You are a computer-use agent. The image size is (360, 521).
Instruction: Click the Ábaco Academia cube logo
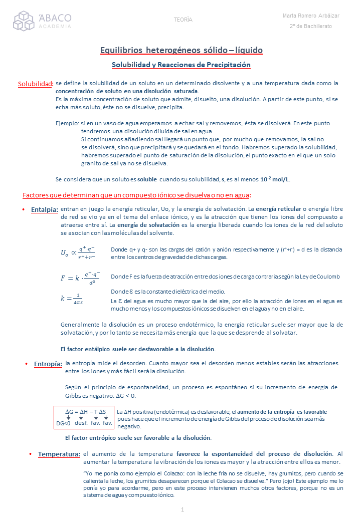tap(24, 21)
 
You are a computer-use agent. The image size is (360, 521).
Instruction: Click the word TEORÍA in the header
tap(183, 20)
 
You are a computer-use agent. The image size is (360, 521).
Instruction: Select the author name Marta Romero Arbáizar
tap(311, 16)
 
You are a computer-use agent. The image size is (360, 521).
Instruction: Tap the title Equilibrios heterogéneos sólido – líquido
tap(182, 50)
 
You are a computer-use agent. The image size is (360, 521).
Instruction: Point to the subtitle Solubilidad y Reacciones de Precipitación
tap(181, 65)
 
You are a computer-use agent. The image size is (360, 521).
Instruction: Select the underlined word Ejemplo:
tap(67, 123)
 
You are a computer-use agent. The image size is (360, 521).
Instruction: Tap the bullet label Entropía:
tap(48, 364)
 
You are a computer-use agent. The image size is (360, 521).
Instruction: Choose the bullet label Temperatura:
tap(59, 454)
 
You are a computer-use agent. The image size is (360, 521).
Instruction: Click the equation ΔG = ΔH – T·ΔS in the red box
tap(85, 412)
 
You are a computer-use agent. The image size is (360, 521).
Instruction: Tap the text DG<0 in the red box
tap(63, 424)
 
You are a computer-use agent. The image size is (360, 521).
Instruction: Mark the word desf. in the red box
tap(81, 424)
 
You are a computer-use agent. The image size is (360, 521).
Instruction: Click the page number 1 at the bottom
tap(183, 509)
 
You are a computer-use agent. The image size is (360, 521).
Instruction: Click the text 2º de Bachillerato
tap(311, 26)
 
